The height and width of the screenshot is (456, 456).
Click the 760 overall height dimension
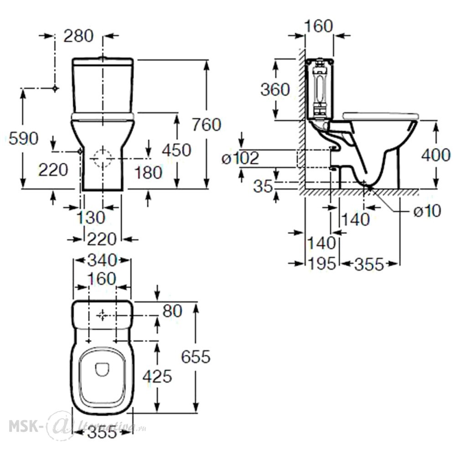tap(207, 124)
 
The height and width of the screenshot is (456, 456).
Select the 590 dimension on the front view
tap(24, 138)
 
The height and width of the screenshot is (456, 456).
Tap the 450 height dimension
tap(176, 150)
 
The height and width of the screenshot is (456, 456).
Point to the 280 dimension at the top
tap(78, 36)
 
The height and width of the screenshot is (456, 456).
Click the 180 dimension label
tap(148, 172)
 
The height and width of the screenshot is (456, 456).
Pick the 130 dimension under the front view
tap(91, 218)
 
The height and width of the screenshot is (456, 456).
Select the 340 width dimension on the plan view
tap(102, 260)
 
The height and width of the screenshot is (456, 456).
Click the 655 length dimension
tap(196, 357)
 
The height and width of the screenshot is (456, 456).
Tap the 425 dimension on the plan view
tap(157, 377)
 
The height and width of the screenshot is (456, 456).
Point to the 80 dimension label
tap(172, 311)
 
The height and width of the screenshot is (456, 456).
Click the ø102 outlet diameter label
tap(240, 159)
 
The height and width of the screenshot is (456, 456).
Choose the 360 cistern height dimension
tap(275, 89)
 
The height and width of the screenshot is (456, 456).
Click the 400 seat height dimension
tap(436, 155)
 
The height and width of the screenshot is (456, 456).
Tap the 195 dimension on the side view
tap(322, 264)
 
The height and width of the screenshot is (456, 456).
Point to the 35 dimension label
tap(264, 186)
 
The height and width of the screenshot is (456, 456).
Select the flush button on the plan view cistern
tap(102, 315)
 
